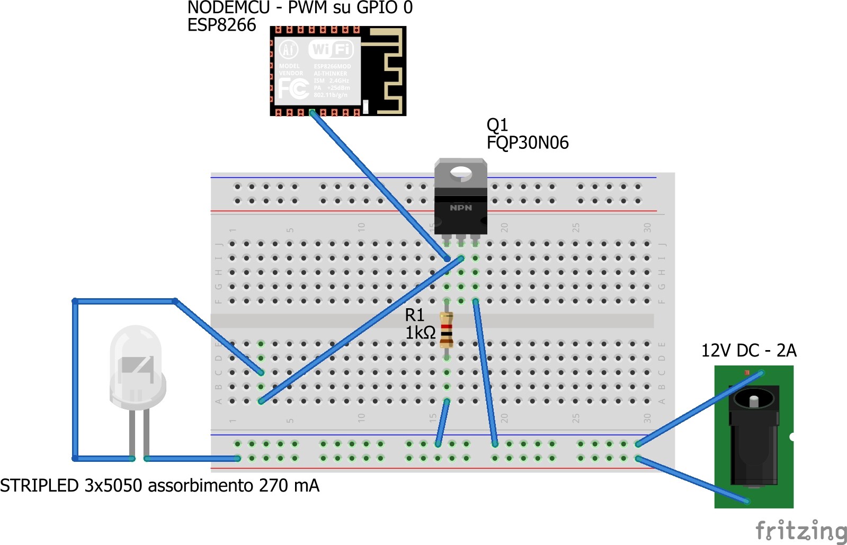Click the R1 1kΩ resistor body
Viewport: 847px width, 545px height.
(x=447, y=329)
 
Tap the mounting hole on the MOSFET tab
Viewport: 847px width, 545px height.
(x=461, y=173)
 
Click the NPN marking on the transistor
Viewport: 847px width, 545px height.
(x=461, y=208)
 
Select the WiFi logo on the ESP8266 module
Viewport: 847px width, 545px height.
(x=331, y=50)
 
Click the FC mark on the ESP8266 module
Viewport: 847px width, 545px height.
(x=293, y=88)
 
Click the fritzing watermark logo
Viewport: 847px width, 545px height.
(x=800, y=530)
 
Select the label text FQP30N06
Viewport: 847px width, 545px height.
(x=528, y=142)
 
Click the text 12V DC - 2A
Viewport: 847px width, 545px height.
(x=748, y=351)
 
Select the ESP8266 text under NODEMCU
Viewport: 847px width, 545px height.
(x=221, y=25)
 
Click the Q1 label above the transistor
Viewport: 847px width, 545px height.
(x=497, y=125)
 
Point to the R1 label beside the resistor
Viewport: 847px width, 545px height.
(x=415, y=315)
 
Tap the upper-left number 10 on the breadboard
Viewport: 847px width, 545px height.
(x=361, y=227)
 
